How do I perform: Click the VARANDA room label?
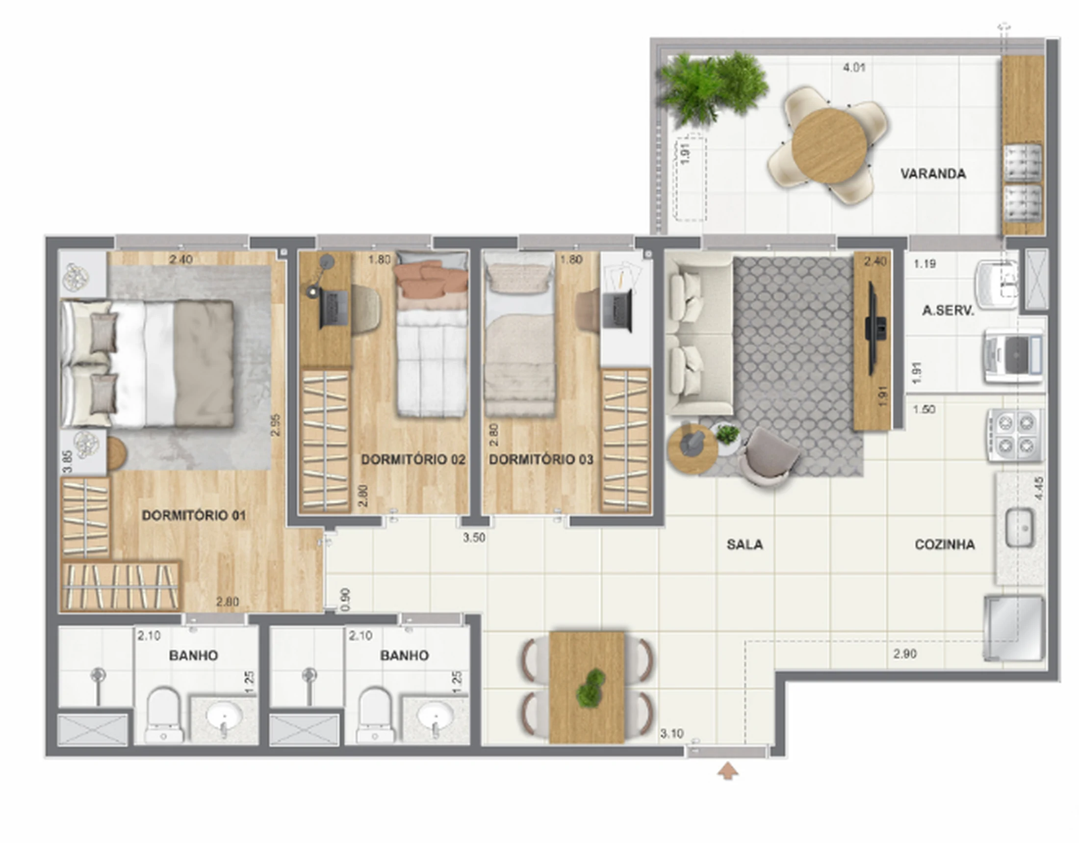tap(933, 174)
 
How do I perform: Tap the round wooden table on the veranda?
tap(829, 146)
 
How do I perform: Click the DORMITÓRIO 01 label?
tap(194, 515)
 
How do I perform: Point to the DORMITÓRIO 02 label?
tap(413, 460)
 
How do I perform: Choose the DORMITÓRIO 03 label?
tap(541, 460)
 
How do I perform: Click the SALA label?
tap(745, 545)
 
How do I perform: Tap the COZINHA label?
tap(945, 545)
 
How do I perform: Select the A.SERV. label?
tap(948, 311)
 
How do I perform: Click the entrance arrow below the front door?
tap(728, 771)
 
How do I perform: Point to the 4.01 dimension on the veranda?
tap(854, 67)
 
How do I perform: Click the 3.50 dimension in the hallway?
tap(474, 538)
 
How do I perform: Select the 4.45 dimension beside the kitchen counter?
tap(1038, 488)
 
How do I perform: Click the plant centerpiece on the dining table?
tap(590, 687)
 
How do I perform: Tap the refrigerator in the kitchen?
tap(1014, 628)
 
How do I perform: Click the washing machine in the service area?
tap(1014, 356)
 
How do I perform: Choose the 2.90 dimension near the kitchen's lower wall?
tap(904, 654)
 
